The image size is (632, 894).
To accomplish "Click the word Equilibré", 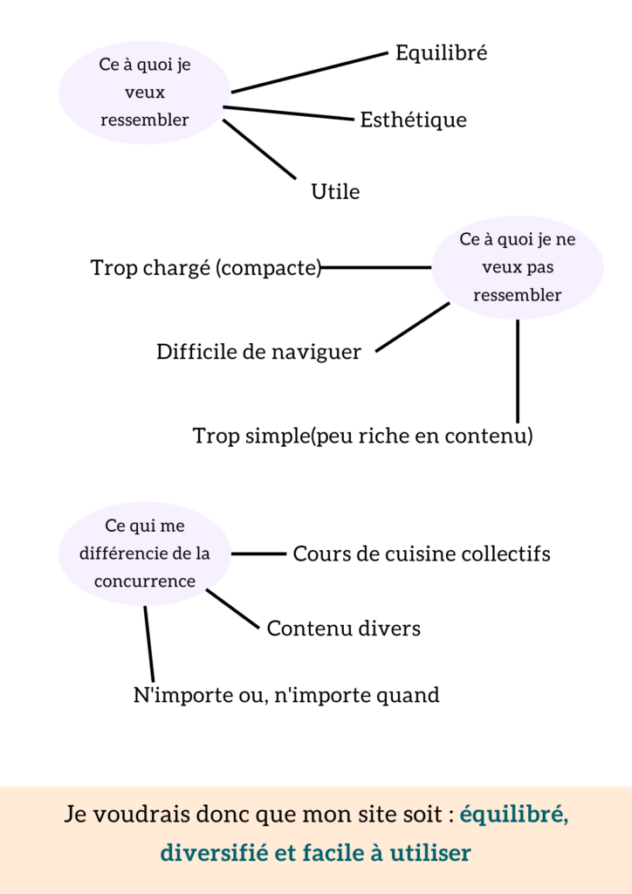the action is pyautogui.click(x=441, y=53).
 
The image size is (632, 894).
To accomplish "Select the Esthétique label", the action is pyautogui.click(x=413, y=120).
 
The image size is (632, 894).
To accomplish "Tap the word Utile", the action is pyautogui.click(x=335, y=191).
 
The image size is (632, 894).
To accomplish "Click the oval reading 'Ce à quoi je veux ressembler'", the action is pyautogui.click(x=145, y=93).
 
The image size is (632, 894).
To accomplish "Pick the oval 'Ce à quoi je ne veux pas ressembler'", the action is pyautogui.click(x=518, y=267).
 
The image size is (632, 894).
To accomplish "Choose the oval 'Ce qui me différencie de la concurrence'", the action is pyautogui.click(x=145, y=554).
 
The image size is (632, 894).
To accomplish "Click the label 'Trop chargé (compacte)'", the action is pyautogui.click(x=206, y=267).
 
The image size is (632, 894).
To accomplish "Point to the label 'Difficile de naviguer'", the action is pyautogui.click(x=258, y=352).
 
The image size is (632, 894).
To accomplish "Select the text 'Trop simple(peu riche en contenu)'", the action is pyautogui.click(x=362, y=437).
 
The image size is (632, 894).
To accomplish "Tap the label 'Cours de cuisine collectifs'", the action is pyautogui.click(x=421, y=554).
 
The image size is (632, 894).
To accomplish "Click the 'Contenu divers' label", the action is pyautogui.click(x=344, y=629).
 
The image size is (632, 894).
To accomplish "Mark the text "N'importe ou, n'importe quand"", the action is pyautogui.click(x=286, y=695).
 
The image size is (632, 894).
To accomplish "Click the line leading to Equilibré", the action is pyautogui.click(x=309, y=72).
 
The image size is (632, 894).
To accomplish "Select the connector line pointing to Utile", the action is pyautogui.click(x=259, y=149).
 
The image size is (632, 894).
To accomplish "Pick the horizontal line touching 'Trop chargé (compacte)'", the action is pyautogui.click(x=376, y=267).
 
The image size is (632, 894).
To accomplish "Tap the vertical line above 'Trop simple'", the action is pyautogui.click(x=518, y=371).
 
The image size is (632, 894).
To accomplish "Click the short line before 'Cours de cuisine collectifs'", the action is pyautogui.click(x=258, y=554).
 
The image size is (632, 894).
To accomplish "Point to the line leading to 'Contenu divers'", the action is pyautogui.click(x=232, y=609).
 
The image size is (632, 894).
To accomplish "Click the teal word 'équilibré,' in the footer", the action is pyautogui.click(x=514, y=815).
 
